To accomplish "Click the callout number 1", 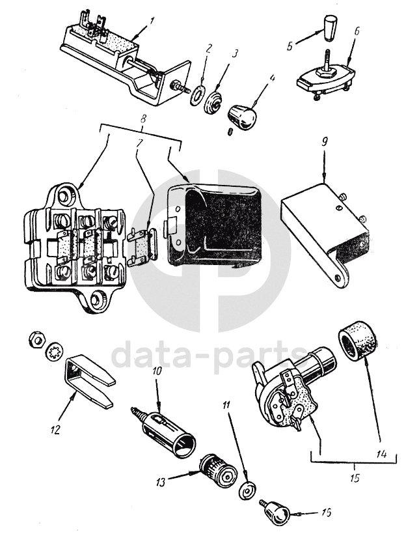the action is coord(150,21).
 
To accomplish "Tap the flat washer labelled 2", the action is coord(197,95).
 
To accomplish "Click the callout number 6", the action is coord(357,31).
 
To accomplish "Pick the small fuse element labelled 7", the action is coord(143,245).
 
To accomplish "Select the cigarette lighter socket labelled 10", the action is coord(163,430).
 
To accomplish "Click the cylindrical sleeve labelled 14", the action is coord(358,341).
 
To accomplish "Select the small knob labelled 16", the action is coord(275,512).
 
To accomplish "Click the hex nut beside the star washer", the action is coord(36,339).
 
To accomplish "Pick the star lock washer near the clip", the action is coord(55,351).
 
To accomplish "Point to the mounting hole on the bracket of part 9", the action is coord(337,277).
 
